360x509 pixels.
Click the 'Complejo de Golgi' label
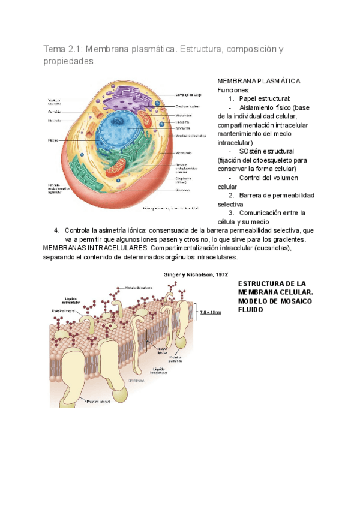[188, 94]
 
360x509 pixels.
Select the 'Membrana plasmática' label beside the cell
[191, 136]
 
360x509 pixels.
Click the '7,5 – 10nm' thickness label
[211, 312]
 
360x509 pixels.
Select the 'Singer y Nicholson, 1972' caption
[196, 274]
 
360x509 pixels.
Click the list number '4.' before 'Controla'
[57, 230]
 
